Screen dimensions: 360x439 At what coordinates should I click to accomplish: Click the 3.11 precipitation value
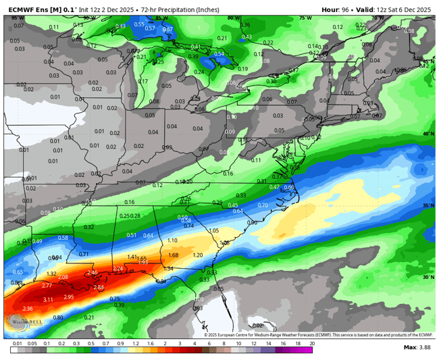48,299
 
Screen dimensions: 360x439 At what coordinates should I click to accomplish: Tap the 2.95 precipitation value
69,297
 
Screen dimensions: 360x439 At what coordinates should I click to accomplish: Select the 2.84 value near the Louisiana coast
99,288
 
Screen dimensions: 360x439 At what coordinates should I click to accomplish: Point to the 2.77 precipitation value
47,286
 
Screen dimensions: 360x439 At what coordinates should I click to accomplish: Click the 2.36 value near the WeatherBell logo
27,309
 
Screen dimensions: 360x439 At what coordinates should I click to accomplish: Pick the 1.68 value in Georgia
173,255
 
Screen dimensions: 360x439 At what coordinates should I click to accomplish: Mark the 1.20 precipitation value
198,255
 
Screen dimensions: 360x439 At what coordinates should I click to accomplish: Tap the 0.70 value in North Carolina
263,205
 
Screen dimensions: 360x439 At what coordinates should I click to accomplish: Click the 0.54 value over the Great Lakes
219,54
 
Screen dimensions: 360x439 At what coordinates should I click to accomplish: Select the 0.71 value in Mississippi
84,255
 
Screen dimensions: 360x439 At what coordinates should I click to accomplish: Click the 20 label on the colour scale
311,343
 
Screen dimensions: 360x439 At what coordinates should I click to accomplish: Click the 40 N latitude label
428,134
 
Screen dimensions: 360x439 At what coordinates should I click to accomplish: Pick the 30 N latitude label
428,277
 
